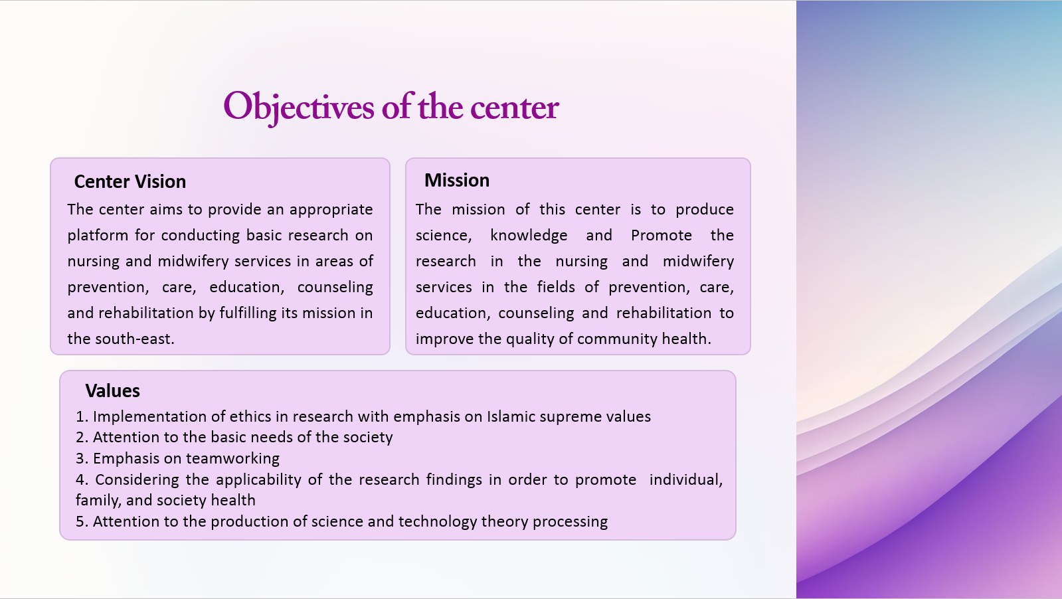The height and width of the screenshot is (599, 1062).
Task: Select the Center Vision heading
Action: point(130,182)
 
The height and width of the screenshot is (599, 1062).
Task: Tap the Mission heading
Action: point(456,181)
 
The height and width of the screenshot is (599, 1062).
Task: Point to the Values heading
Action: point(112,391)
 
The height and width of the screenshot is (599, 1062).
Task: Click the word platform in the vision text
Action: point(98,236)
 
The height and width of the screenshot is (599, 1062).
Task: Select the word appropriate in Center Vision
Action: point(331,210)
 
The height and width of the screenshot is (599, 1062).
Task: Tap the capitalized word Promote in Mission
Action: point(662,236)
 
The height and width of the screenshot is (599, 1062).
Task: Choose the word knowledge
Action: point(529,236)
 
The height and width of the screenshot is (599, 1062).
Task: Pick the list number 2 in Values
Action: point(82,438)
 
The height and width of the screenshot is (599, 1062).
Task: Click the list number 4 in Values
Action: point(82,479)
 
